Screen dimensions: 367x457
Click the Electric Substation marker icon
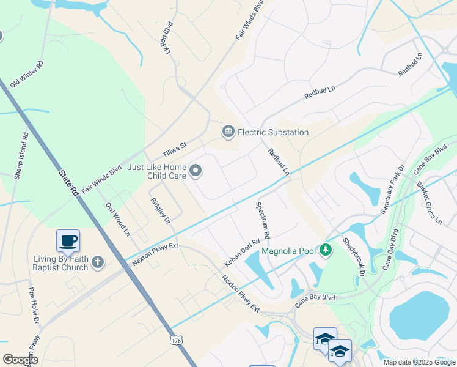[228, 132]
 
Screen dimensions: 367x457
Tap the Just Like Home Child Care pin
[196, 171]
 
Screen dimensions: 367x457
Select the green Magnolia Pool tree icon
[326, 250]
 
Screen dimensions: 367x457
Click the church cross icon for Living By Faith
[97, 262]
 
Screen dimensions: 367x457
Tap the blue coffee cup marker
[68, 240]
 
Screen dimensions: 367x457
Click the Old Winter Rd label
[26, 74]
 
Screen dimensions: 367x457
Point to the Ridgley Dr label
[161, 209]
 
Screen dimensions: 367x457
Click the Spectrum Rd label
[262, 220]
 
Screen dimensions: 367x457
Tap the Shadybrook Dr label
[353, 258]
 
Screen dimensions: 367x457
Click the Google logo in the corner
[20, 360]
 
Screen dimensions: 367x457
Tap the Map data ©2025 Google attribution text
[419, 362]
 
